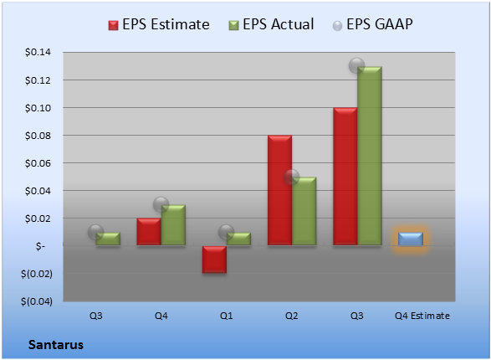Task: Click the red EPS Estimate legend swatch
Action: point(113,25)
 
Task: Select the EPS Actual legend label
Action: point(278,24)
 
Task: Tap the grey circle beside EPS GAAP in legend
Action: point(337,26)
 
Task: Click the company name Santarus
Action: point(56,345)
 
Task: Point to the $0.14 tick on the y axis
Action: point(38,52)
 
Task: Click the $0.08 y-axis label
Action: point(38,136)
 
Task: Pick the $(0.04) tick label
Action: point(37,301)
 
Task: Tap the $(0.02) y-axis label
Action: point(37,274)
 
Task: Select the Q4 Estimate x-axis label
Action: point(422,316)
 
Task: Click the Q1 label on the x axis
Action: point(227,316)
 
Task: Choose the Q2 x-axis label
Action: point(292,316)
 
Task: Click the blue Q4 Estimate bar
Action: point(411,239)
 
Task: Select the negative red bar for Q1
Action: point(214,259)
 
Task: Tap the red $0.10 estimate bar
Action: point(345,176)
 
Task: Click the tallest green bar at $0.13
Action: point(370,156)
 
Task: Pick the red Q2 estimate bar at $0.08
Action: point(279,190)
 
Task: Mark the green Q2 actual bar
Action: point(304,211)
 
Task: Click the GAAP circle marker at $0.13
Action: point(356,66)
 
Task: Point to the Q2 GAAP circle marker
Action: point(292,177)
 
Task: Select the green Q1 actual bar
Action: point(238,239)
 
